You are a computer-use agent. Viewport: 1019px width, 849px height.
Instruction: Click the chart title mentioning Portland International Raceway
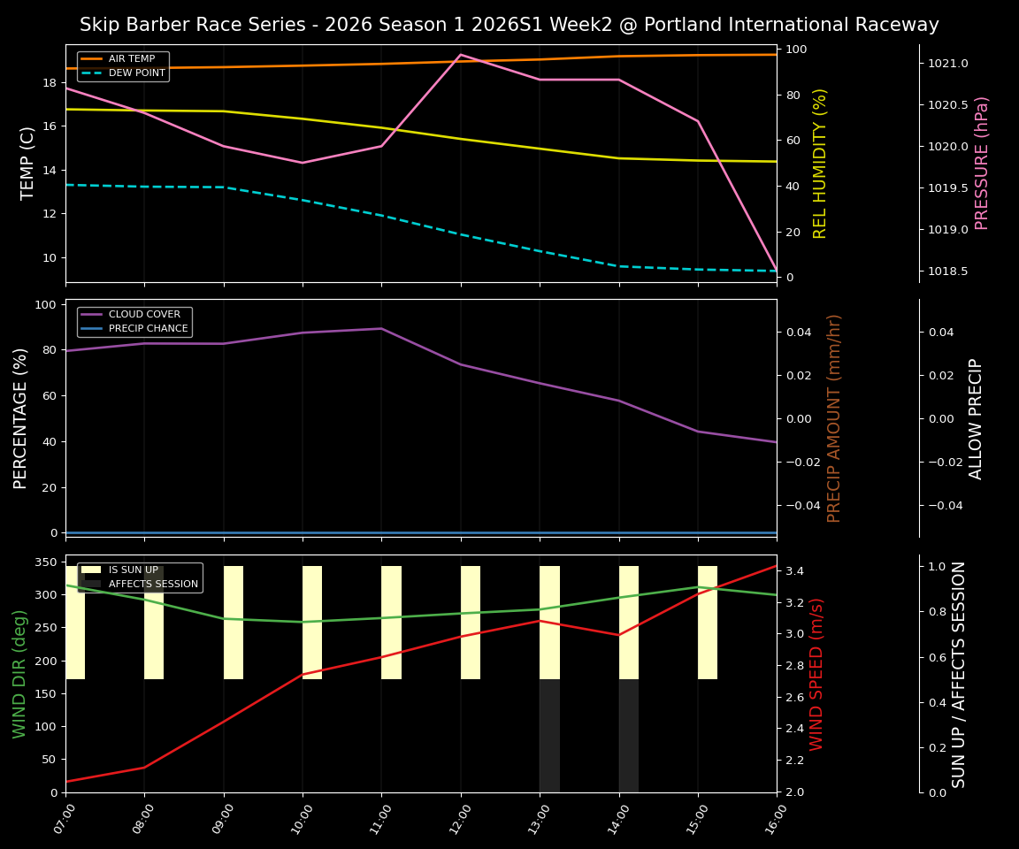(x=509, y=25)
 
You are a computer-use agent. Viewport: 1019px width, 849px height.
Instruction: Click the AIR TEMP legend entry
(x=131, y=59)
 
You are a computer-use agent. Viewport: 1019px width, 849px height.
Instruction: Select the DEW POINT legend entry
(x=136, y=73)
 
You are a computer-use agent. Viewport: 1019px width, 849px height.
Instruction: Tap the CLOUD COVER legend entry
(x=144, y=315)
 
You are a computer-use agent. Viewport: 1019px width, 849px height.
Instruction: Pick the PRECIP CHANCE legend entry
(x=148, y=329)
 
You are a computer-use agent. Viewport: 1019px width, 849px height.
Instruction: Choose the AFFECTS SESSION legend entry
(x=152, y=585)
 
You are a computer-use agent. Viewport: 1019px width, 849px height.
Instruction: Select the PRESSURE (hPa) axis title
(x=982, y=163)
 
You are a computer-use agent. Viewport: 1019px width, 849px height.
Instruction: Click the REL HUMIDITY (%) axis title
(x=820, y=163)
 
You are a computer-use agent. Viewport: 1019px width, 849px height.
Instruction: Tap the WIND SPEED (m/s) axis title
(x=816, y=674)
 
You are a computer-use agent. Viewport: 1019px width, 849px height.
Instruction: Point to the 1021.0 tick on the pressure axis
(x=948, y=64)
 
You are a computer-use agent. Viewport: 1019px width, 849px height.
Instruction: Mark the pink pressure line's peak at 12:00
(x=460, y=55)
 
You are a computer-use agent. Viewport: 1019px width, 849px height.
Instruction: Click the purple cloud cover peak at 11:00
(x=381, y=329)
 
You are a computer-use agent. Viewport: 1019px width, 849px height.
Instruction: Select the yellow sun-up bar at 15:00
(x=708, y=623)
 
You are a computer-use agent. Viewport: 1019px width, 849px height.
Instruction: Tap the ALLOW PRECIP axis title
(x=977, y=418)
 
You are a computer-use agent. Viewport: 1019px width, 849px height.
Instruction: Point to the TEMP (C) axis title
(x=28, y=163)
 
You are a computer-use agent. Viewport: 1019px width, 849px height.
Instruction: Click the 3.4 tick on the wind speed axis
(x=794, y=571)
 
